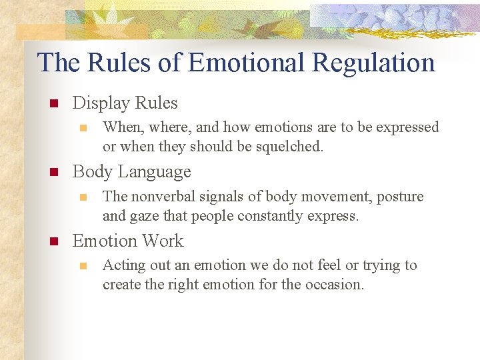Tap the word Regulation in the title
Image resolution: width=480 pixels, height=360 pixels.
(x=373, y=63)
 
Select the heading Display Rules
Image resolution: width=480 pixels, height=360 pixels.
(x=125, y=103)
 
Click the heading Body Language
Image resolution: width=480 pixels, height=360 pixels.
(x=131, y=171)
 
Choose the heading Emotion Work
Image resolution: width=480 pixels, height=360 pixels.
(x=127, y=241)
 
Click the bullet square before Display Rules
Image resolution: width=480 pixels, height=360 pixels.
(x=55, y=103)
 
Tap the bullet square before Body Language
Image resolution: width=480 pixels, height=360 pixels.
(x=55, y=172)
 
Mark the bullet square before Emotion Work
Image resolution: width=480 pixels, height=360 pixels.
(x=55, y=241)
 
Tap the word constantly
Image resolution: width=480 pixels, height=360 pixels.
(x=267, y=215)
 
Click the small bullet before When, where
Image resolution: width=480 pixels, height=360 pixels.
(x=83, y=127)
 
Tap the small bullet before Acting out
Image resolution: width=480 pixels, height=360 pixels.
(x=83, y=265)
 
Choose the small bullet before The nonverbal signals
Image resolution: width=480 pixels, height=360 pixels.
(x=83, y=197)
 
